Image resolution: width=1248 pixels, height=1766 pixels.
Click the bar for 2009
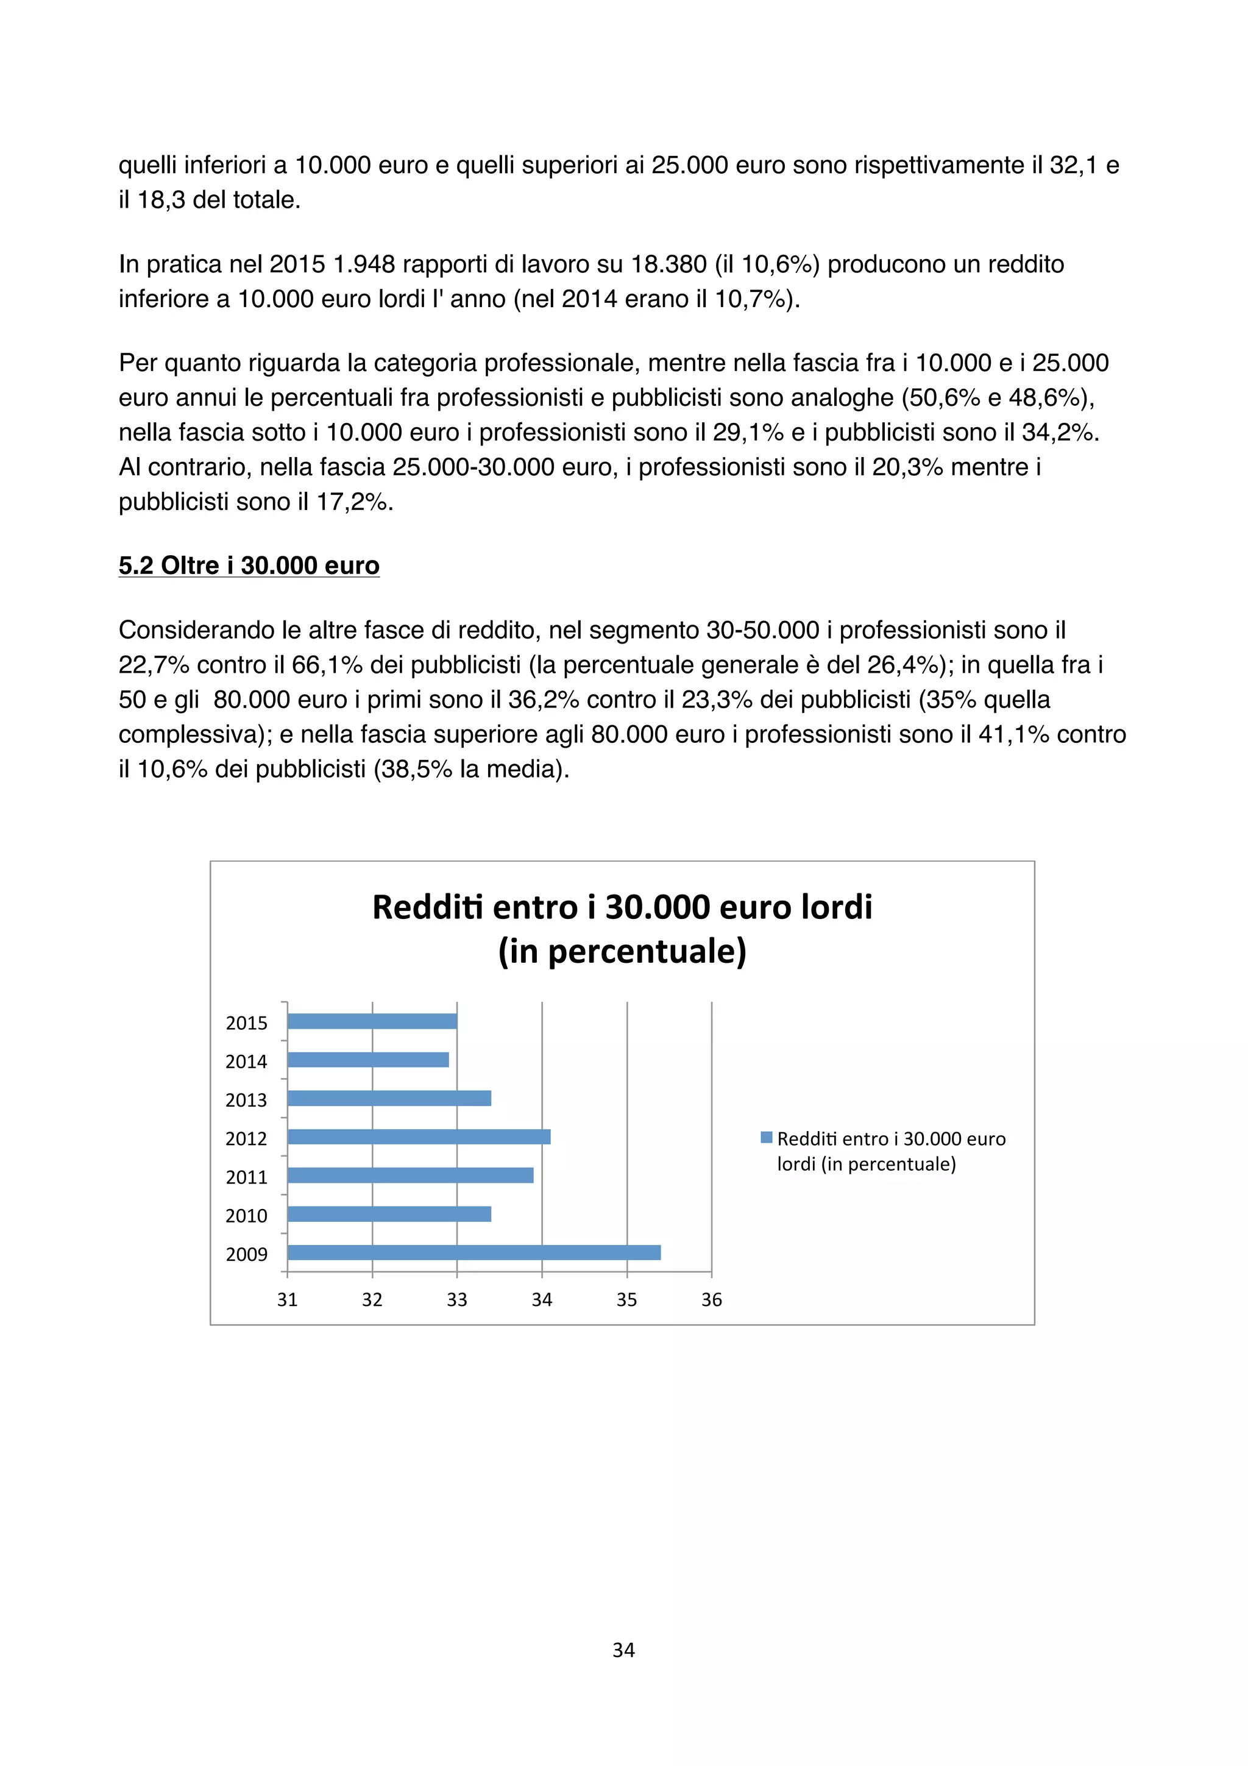tap(473, 1252)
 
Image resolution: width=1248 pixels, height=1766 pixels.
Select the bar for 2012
tap(419, 1137)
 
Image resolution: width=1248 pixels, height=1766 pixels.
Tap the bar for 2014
tap(368, 1060)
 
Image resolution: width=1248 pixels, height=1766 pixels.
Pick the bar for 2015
tap(372, 1021)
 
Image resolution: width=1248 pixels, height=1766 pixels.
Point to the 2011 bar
tap(411, 1176)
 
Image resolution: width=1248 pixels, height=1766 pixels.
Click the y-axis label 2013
tap(246, 1100)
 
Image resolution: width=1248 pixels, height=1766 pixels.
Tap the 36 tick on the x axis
tap(711, 1299)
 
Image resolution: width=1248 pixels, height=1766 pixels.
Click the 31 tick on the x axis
tap(287, 1299)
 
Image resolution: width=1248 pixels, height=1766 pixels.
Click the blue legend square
tap(766, 1137)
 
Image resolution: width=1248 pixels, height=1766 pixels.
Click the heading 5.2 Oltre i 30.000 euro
tap(249, 566)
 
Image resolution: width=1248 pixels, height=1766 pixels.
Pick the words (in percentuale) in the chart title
tap(622, 951)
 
